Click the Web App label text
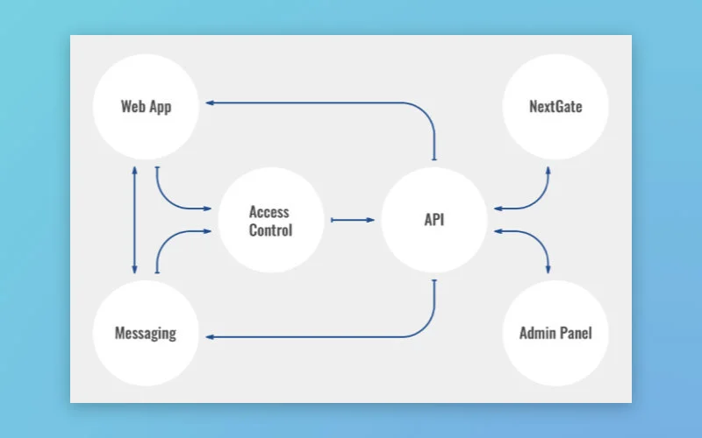(146, 107)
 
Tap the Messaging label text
(146, 333)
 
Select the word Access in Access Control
(269, 212)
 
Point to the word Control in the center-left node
(270, 230)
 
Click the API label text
(434, 220)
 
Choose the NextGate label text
(555, 107)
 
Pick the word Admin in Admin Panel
(537, 333)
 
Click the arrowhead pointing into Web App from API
(211, 102)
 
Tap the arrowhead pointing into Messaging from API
(211, 336)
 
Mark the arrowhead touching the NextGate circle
(549, 169)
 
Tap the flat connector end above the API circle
(434, 159)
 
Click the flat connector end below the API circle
(434, 280)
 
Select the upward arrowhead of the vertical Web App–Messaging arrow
(134, 168)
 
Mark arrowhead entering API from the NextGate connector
(498, 208)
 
